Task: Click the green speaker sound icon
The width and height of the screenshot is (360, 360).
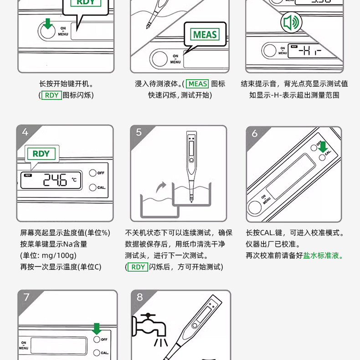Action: click(x=291, y=22)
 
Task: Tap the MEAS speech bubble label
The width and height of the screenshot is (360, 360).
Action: click(x=205, y=35)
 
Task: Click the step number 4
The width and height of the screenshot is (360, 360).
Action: click(x=25, y=132)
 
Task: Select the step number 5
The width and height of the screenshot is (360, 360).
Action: click(x=139, y=132)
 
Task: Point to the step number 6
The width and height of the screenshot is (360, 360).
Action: click(x=255, y=134)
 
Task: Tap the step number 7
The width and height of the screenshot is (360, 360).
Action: click(x=26, y=297)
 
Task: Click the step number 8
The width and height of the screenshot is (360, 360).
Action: click(x=139, y=297)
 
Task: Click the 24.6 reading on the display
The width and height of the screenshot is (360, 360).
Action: click(x=55, y=180)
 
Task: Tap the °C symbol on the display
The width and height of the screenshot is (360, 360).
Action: click(x=74, y=180)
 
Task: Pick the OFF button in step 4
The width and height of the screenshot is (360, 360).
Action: click(x=93, y=173)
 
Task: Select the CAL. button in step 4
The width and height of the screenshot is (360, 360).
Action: click(x=93, y=188)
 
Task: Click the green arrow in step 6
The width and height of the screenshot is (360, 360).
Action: click(x=323, y=147)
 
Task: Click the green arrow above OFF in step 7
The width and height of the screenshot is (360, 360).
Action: click(x=97, y=329)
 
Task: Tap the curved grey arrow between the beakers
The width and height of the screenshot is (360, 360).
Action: click(x=161, y=187)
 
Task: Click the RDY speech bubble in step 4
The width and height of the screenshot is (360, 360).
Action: click(x=41, y=154)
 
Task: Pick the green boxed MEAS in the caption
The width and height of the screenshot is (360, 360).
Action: click(x=197, y=84)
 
